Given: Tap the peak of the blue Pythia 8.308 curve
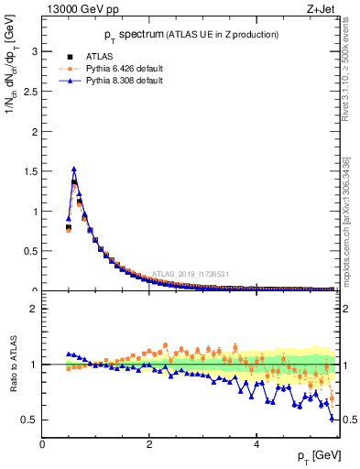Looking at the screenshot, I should click(74, 169).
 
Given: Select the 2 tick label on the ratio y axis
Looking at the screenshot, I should click(35, 310).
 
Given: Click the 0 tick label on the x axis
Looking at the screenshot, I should click(43, 443).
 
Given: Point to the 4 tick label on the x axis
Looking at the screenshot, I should click(256, 443).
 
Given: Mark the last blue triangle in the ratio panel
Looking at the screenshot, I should click(332, 418).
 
